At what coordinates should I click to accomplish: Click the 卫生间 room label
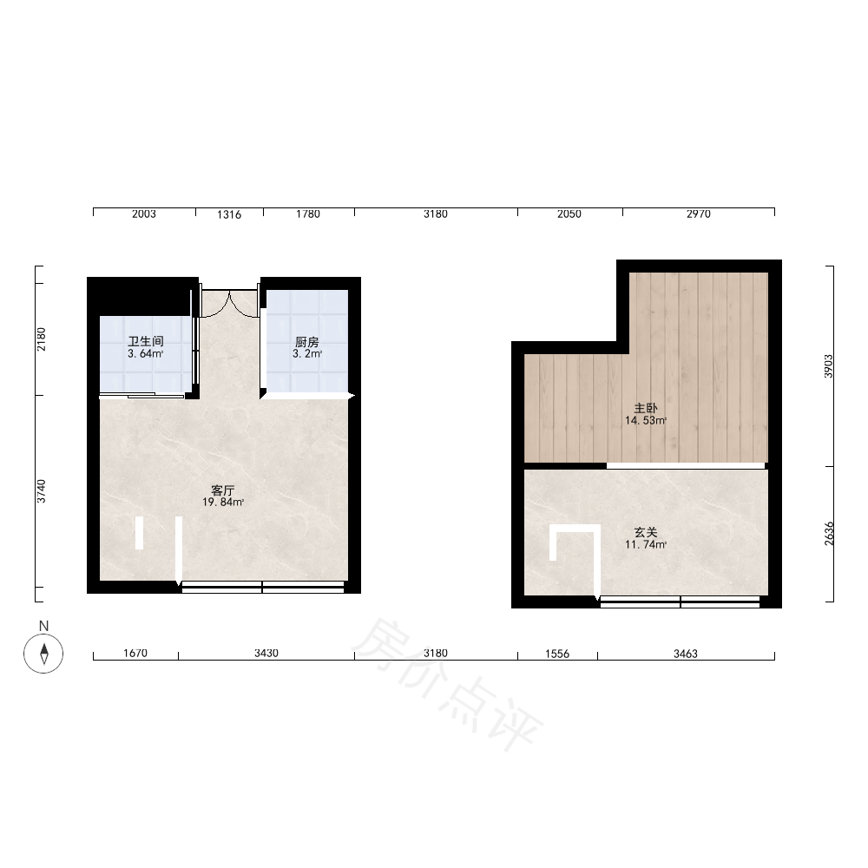[146, 341]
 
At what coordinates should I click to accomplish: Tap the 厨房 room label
[306, 342]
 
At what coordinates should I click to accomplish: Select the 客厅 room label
[222, 490]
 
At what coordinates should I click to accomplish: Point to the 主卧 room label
[646, 408]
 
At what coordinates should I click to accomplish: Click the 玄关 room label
[646, 532]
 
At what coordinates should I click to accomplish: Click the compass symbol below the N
[43, 654]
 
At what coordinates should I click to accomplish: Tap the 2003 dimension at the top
[144, 214]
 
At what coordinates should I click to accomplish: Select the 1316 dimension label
[229, 214]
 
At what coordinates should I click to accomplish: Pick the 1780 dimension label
[308, 214]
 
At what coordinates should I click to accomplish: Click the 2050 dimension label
[569, 214]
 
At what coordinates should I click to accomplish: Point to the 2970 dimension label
[699, 214]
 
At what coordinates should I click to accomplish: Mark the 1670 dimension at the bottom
[135, 654]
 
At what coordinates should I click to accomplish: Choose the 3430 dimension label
[266, 654]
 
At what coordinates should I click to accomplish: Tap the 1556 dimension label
[557, 654]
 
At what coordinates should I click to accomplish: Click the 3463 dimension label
[686, 654]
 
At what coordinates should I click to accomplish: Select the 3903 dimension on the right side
[828, 366]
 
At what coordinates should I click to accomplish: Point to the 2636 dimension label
[829, 534]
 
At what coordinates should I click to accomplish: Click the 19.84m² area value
[223, 502]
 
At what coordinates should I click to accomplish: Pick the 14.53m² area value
[646, 420]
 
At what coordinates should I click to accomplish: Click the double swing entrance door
[229, 303]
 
